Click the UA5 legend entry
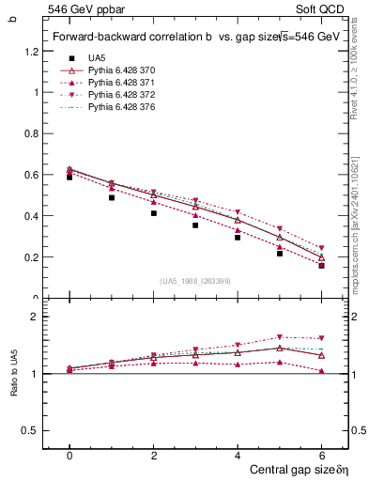pos(96,58)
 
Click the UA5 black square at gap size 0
pos(69,177)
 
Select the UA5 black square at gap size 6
pos(321,265)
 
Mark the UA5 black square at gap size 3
pos(195,225)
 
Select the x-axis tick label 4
pos(238,454)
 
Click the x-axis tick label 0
pos(69,454)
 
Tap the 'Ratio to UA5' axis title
pos(14,374)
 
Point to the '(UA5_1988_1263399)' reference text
pos(196,281)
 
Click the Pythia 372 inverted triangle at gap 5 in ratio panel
pos(279,337)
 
